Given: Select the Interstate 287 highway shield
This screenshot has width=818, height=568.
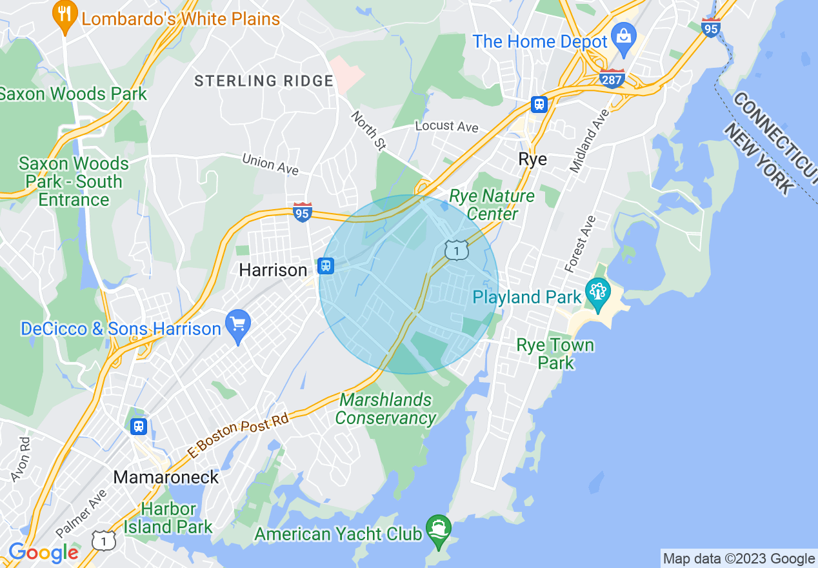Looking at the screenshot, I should pos(611,78).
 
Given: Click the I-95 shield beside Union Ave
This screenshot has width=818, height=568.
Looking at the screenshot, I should pos(303,212).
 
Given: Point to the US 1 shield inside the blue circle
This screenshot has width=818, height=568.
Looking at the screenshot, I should pos(456,249).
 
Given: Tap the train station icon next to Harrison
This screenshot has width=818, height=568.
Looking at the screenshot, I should pos(326,265).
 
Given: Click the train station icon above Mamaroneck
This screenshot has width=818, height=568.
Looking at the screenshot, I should pos(138,427).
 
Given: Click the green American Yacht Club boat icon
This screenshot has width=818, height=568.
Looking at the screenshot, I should pos(439,529).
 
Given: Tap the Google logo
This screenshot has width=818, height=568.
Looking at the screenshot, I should pos(44,553).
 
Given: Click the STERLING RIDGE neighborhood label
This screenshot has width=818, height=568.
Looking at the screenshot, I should pos(264,81).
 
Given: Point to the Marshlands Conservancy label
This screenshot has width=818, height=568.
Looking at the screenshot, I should pos(385,409).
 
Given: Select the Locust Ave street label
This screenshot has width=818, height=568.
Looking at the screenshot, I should pos(447,126).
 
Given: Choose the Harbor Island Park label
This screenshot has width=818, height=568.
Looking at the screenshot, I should pos(168,518).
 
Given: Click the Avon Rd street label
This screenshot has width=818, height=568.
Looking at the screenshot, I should pos(20,460).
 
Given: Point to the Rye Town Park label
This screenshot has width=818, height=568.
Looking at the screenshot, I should pos(555,353).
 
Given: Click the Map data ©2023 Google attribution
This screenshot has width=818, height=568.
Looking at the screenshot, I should pos(739,558).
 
